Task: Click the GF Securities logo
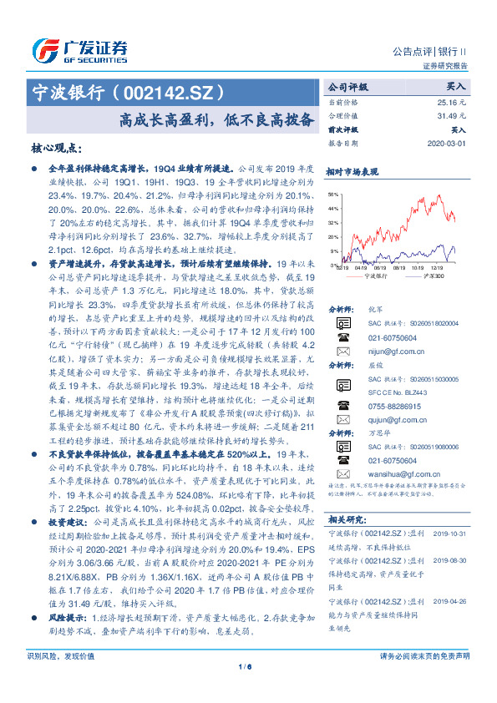point(79,49)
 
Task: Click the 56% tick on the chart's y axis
point(333,193)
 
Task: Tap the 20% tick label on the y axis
point(333,236)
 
